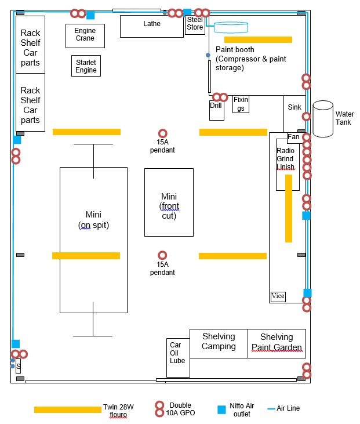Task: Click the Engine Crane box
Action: point(85,35)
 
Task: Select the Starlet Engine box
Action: point(86,65)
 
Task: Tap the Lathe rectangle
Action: point(152,26)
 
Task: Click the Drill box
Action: point(216,110)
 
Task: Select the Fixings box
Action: point(241,104)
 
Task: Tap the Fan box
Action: point(294,137)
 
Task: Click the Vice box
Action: point(278,296)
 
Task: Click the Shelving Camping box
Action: point(219,342)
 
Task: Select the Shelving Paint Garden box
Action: point(277,342)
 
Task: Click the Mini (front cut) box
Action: point(169,202)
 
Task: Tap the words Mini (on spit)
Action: point(93,220)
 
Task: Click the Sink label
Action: point(294,107)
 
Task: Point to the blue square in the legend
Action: point(221,410)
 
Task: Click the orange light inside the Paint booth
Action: point(258,39)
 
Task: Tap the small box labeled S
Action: point(19,366)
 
